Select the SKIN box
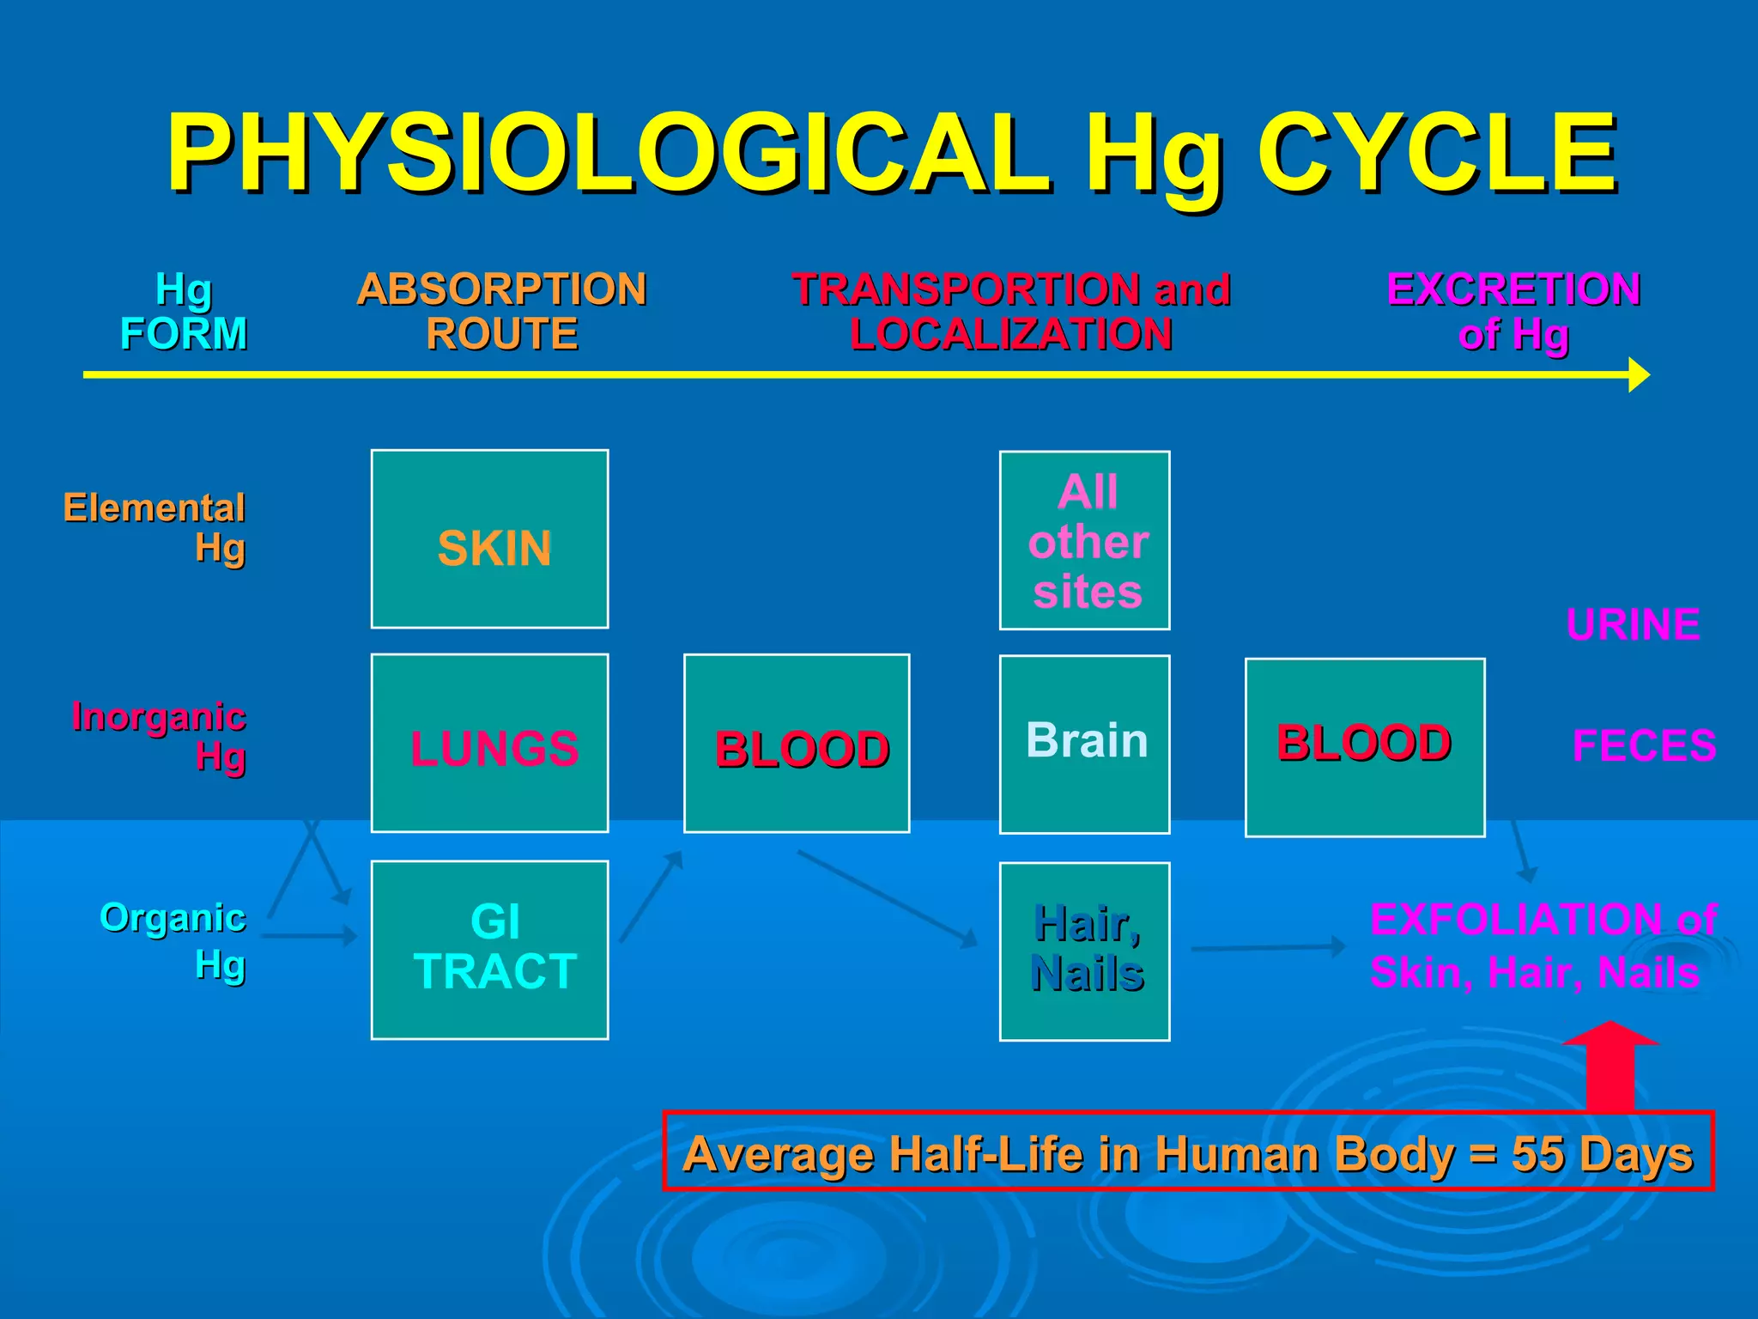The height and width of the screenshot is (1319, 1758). pos(490,539)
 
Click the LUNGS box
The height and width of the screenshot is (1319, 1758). pos(490,744)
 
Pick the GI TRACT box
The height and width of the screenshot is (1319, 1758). pos(490,950)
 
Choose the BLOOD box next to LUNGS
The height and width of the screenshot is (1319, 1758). pos(797,744)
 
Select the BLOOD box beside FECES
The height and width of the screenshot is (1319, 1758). pos(1365,747)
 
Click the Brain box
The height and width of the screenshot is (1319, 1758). pos(1085,744)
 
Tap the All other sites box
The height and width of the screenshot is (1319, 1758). pos(1085,540)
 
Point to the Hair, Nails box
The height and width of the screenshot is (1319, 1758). pos(1085,951)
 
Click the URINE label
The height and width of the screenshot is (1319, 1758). pos(1633,624)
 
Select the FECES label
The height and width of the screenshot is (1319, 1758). pos(1644,745)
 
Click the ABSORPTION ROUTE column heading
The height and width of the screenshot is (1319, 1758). pos(502,311)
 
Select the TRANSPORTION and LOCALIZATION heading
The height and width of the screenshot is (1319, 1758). pos(1011,311)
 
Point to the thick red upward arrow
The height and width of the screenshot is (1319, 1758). pos(1610,1069)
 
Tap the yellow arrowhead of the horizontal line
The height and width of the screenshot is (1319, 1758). pos(1639,375)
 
